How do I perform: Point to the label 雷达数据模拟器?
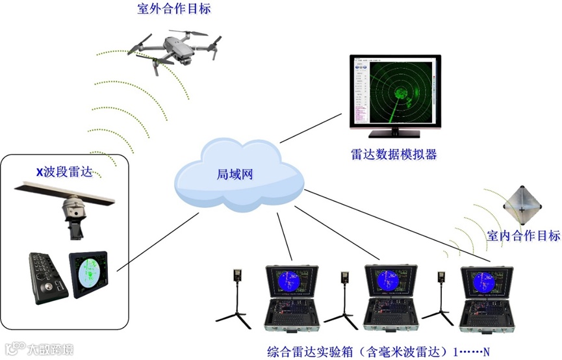[392, 155]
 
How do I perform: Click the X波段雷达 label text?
[64, 172]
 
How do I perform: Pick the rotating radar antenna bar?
[65, 193]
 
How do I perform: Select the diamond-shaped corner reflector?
[522, 205]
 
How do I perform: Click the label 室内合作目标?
[523, 235]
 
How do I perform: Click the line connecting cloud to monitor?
[312, 127]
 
